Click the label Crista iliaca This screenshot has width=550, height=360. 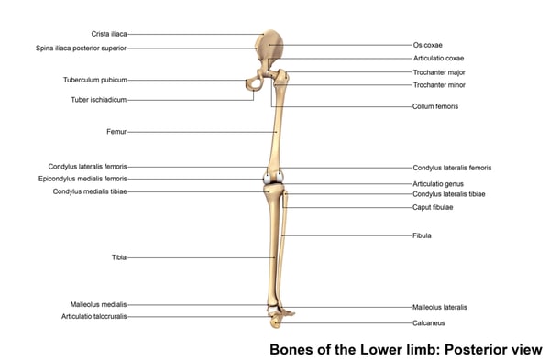coord(108,34)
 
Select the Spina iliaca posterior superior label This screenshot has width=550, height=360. coord(81,48)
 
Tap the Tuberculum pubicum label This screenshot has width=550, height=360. coord(94,80)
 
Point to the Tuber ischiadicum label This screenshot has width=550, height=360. coord(98,99)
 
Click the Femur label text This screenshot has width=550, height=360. coord(116,132)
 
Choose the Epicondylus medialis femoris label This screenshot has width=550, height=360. coord(83,179)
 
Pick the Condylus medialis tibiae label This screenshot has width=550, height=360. coord(89,191)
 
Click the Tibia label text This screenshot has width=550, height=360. coord(118,257)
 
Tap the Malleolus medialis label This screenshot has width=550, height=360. coord(98,304)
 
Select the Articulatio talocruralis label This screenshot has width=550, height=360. coord(93,316)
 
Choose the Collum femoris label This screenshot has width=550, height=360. coord(435,106)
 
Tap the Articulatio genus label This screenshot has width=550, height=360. coord(441,184)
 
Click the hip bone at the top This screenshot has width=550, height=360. coord(273,46)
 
